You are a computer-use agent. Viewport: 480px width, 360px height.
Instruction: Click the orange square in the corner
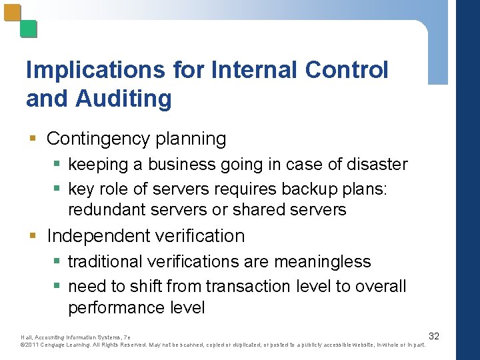pyautogui.click(x=13, y=13)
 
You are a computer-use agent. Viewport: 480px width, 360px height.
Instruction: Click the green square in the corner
pyautogui.click(x=29, y=29)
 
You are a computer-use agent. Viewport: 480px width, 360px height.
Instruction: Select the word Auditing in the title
pyautogui.click(x=124, y=99)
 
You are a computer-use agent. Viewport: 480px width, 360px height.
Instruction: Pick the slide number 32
pyautogui.click(x=433, y=335)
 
